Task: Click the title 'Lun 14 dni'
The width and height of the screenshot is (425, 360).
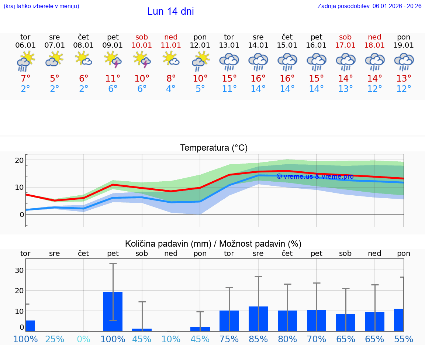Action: tap(170, 11)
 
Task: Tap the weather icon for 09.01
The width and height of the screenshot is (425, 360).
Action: tap(113, 60)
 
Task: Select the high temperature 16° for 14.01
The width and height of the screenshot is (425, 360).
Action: tap(258, 79)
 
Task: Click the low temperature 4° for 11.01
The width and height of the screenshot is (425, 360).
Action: tap(171, 89)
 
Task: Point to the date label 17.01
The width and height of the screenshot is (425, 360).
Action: tap(345, 45)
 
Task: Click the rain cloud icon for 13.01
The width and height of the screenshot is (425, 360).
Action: tap(229, 61)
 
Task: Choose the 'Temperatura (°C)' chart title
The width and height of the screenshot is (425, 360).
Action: tap(214, 148)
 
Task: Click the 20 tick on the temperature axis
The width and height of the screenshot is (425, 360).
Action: tap(20, 160)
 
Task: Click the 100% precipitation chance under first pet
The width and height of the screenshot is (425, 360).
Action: tap(113, 339)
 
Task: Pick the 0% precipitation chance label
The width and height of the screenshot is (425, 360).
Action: tap(84, 339)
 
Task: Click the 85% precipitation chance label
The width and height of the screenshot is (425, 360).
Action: tap(258, 339)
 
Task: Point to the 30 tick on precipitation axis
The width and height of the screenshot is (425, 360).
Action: tap(20, 270)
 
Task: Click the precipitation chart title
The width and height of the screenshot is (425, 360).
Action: tap(213, 244)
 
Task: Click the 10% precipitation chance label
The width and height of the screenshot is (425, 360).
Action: tap(171, 339)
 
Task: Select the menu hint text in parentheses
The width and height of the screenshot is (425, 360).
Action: tap(41, 6)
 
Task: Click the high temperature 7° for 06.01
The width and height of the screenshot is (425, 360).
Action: tap(25, 79)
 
